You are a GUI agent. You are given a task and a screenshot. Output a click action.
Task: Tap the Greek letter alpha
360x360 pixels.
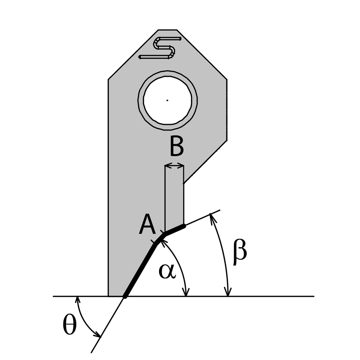[166, 271]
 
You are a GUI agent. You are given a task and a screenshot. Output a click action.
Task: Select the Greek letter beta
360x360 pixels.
[240, 252]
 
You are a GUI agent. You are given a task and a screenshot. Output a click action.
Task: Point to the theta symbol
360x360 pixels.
[69, 326]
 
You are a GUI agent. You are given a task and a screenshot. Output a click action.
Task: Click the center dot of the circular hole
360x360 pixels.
[167, 100]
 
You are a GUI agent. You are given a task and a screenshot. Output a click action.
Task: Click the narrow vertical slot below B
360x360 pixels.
[174, 197]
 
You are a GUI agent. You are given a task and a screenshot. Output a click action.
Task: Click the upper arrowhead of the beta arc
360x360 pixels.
[211, 218]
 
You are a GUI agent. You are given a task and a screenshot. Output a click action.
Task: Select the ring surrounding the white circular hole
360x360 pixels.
[141, 100]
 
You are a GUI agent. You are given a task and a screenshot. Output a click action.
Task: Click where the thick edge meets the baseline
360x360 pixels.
[125, 296]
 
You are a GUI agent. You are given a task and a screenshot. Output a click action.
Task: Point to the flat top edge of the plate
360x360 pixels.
[167, 30]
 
